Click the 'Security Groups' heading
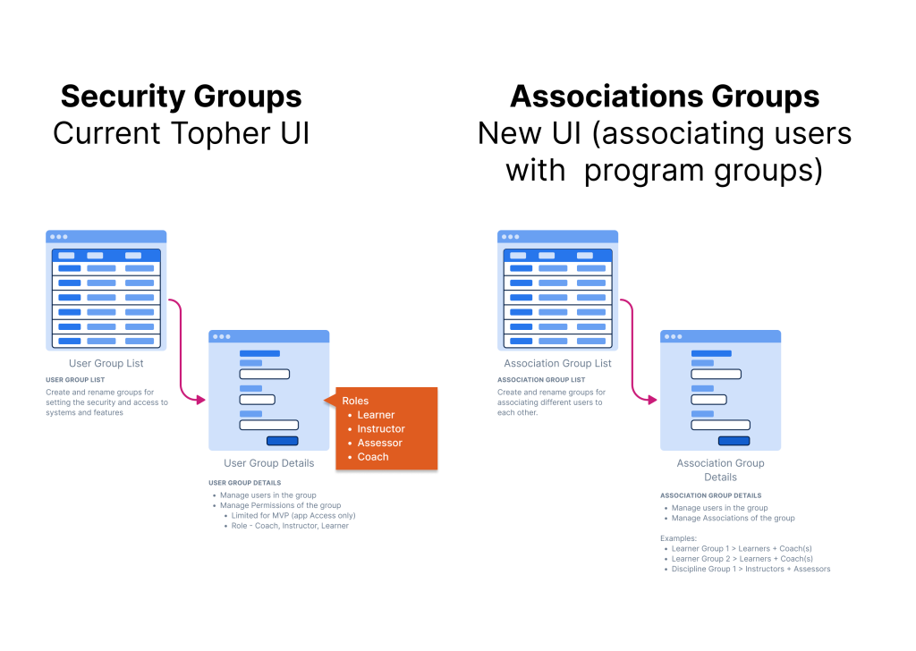pos(181,97)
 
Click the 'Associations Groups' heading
pos(664,97)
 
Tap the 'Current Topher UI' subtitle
pos(181,133)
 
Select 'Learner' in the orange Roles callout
pos(376,415)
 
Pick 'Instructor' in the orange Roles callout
pos(381,429)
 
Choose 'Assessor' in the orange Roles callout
pos(379,443)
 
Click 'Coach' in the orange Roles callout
pos(373,457)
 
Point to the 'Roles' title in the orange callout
pos(355,401)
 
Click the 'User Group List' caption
pos(106,364)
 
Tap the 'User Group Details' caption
pos(268,463)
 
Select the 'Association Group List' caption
pos(557,364)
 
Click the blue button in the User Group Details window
pos(282,440)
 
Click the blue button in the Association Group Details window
pos(734,440)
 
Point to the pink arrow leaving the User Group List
pos(182,349)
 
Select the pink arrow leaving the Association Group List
pos(633,349)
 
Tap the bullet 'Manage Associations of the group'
pos(733,518)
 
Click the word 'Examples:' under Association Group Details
pos(678,538)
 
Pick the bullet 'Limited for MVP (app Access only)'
pos(293,516)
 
